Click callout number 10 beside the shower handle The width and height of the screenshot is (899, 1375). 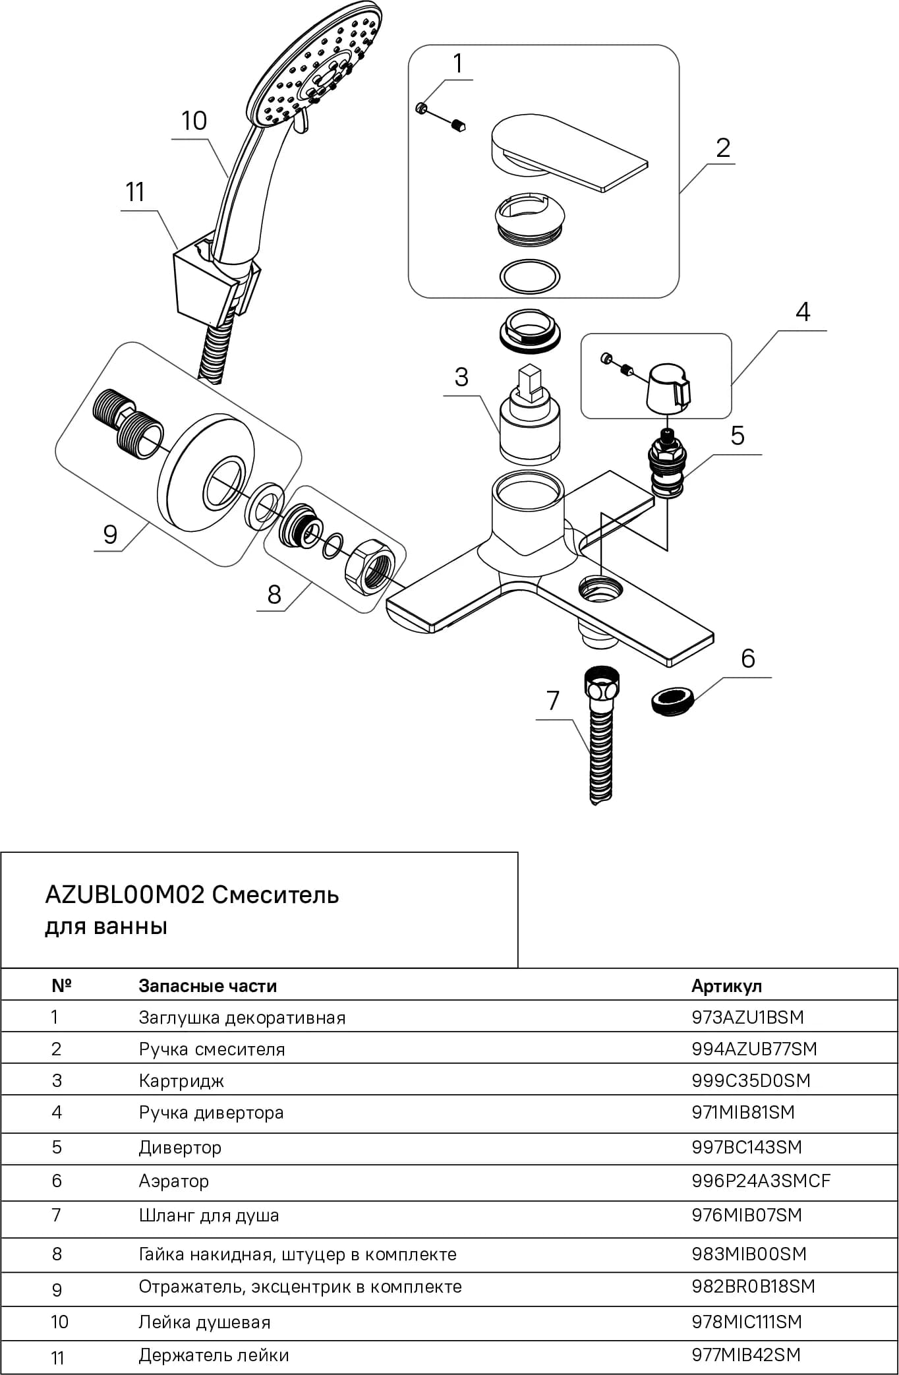[194, 121]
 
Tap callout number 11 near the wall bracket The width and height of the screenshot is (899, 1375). [135, 192]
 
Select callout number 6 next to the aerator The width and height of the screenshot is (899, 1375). [747, 658]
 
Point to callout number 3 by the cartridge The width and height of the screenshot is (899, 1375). [461, 377]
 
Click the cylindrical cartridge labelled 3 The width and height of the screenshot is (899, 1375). [531, 415]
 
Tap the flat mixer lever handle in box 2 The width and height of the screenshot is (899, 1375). [568, 151]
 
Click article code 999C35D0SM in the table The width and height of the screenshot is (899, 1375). [751, 1080]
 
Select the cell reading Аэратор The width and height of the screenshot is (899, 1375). [173, 1181]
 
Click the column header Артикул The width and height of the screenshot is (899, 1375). [726, 986]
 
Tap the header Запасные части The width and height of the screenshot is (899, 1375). [208, 986]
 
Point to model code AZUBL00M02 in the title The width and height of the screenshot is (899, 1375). [125, 894]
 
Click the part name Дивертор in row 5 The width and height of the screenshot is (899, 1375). [180, 1147]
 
